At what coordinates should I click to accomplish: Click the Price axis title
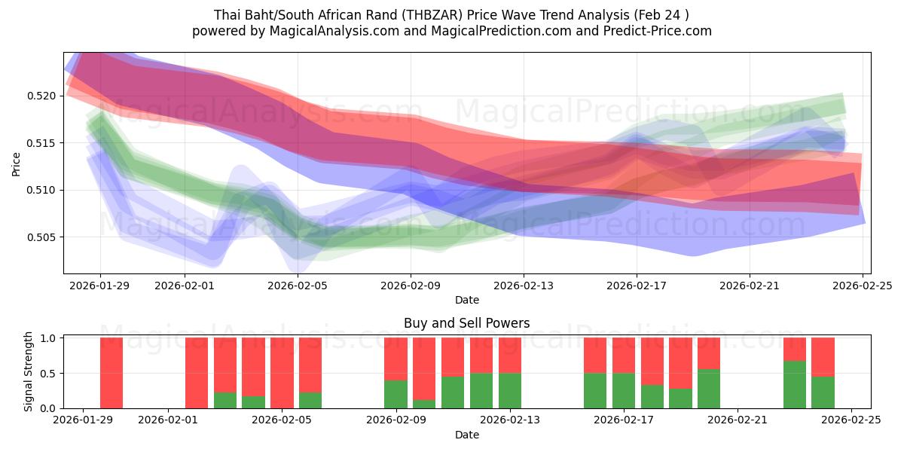17,163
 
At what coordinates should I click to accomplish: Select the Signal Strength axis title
29,371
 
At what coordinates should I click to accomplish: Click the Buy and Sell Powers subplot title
466,323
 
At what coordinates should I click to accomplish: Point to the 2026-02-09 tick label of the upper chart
411,286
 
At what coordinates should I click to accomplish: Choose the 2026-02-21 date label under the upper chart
749,286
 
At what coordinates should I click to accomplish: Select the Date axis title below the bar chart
466,435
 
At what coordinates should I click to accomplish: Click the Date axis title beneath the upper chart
466,300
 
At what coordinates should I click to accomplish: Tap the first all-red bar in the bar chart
111,373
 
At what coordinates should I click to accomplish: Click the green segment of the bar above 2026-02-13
510,391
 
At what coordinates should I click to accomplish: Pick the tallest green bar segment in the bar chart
794,384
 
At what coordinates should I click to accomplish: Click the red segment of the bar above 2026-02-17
624,356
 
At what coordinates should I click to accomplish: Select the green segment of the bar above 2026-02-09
395,394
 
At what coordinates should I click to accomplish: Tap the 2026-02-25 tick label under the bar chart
851,420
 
